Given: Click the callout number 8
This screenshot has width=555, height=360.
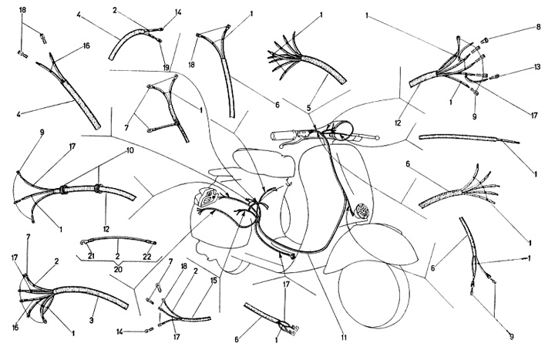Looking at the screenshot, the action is [538, 27].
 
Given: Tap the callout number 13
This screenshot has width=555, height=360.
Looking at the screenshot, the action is [537, 66].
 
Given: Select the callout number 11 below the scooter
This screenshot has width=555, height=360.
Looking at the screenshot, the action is [343, 338].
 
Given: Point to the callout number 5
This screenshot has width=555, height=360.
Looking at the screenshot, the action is [308, 108].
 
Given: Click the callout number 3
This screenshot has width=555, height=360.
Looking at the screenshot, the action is [91, 321].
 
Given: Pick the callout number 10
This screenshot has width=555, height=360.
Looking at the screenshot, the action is [130, 151].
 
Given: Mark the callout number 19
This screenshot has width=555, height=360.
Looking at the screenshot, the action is [166, 67].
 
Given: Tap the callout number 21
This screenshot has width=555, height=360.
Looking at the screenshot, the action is [91, 256].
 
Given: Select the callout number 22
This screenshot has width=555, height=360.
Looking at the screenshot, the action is [147, 257].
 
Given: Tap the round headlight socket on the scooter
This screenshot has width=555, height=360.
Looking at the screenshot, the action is [362, 210].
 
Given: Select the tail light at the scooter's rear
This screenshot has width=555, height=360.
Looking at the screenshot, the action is [207, 199].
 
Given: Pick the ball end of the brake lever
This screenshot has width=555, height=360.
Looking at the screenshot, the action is [378, 138].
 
